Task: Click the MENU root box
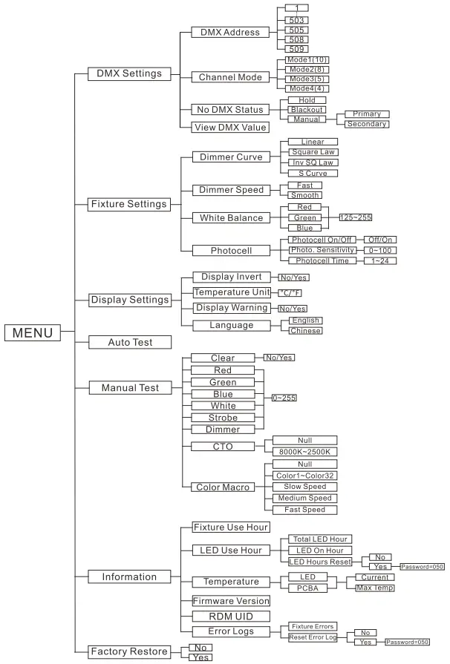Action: point(33,332)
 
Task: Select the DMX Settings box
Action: point(129,73)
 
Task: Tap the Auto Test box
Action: point(130,342)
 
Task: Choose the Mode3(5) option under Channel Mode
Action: point(307,79)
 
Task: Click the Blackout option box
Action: point(306,109)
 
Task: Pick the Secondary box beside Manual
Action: point(367,124)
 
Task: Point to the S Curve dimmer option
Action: point(312,173)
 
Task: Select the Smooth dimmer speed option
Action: point(304,195)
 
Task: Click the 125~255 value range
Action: point(355,217)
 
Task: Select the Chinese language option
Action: point(306,330)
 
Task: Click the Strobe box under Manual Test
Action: point(223,418)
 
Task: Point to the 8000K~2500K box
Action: point(305,451)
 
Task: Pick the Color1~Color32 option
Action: point(305,475)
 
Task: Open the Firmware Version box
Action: point(231,600)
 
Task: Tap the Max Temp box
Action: point(374,588)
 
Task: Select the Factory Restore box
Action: point(129,651)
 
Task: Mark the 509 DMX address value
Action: point(296,48)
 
